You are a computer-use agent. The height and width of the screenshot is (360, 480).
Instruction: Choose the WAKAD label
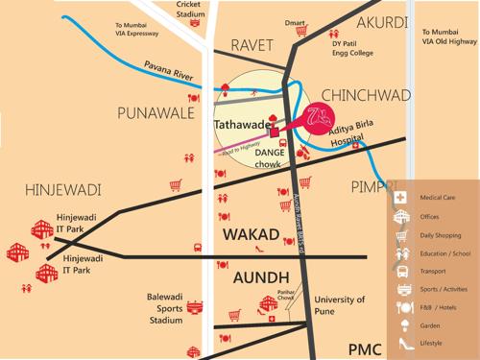[252, 234]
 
